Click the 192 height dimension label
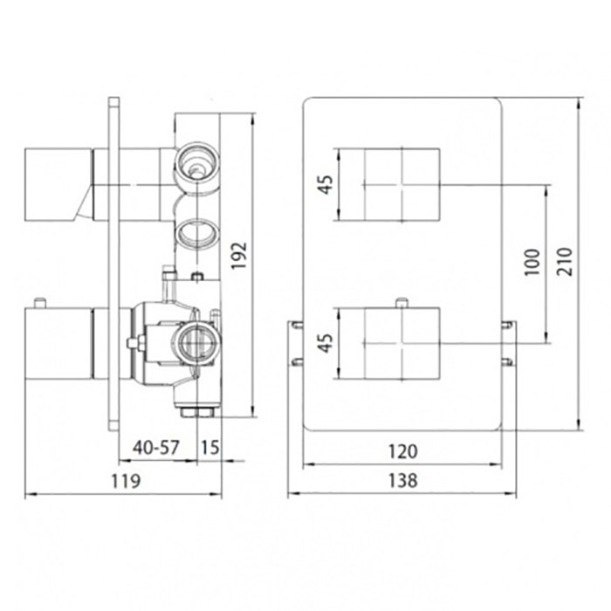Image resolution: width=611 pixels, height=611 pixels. click(239, 255)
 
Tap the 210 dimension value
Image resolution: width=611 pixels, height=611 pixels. click(565, 262)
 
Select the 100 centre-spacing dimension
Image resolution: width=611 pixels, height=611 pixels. click(532, 262)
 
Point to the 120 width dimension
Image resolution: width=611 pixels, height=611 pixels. click(403, 451)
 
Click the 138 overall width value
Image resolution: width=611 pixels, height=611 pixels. click(403, 480)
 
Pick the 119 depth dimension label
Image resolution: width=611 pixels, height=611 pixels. click(126, 481)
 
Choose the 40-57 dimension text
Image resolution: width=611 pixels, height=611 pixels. click(156, 447)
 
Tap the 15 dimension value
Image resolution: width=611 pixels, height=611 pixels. click(210, 447)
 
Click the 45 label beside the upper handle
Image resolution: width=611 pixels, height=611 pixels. click(326, 184)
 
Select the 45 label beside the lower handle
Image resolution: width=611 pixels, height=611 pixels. click(326, 343)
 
